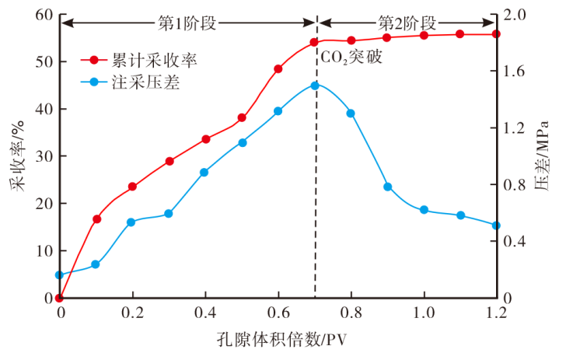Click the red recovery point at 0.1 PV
(96, 219)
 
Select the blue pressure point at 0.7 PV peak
(315, 86)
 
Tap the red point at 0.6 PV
(278, 68)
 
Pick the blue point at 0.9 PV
(388, 187)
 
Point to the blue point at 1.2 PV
(496, 225)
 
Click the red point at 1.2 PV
(496, 34)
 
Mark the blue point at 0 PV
(60, 275)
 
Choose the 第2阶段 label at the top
(406, 23)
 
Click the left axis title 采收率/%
(17, 156)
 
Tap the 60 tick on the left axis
(44, 16)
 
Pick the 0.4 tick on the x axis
(205, 313)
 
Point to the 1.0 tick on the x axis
(424, 313)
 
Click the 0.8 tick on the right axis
(516, 185)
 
